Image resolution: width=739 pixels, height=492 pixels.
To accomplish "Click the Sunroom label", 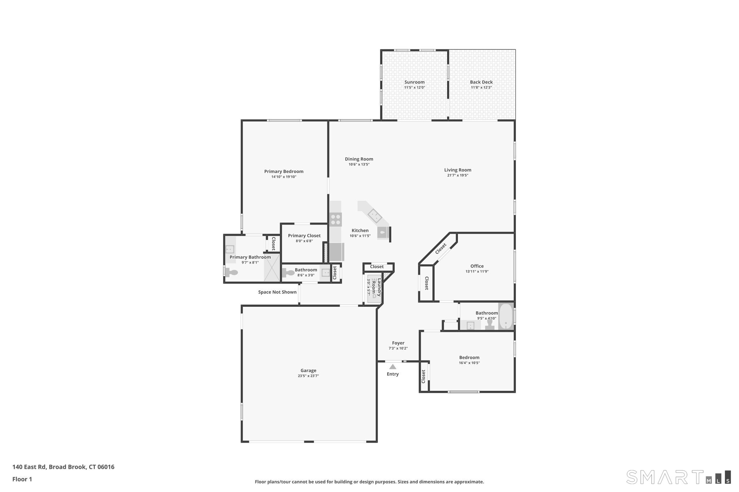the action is (414, 82).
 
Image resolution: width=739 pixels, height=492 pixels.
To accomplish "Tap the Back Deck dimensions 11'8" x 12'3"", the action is (481, 88).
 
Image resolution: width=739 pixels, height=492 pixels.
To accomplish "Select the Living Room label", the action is (458, 170).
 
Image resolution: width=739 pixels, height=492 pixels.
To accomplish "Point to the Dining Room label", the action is (359, 159).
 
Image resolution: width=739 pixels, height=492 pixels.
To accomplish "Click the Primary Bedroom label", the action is (284, 172).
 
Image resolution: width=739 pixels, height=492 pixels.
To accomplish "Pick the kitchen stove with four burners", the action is (336, 220).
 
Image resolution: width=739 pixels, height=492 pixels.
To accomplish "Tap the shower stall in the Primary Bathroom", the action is (272, 268).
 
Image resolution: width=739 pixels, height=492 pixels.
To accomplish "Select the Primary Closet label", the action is (304, 236).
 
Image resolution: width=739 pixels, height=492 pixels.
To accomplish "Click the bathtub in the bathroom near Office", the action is (506, 316).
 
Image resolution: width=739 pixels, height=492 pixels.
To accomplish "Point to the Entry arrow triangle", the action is (393, 367).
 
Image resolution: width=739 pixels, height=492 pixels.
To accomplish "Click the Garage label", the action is (308, 371).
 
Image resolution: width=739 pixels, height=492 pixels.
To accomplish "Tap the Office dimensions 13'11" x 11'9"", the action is (477, 272).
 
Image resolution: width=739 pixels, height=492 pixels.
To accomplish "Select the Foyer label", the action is (398, 343).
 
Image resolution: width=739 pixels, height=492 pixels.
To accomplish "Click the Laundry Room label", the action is (377, 287).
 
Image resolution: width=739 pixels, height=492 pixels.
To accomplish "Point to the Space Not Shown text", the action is (277, 292).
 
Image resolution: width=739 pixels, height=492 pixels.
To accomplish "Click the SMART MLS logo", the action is (679, 477).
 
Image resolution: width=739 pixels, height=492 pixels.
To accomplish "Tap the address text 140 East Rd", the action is (29, 467).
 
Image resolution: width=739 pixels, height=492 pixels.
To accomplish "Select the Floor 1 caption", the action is (22, 479).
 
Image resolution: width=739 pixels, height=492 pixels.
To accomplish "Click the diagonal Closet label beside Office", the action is (441, 248).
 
